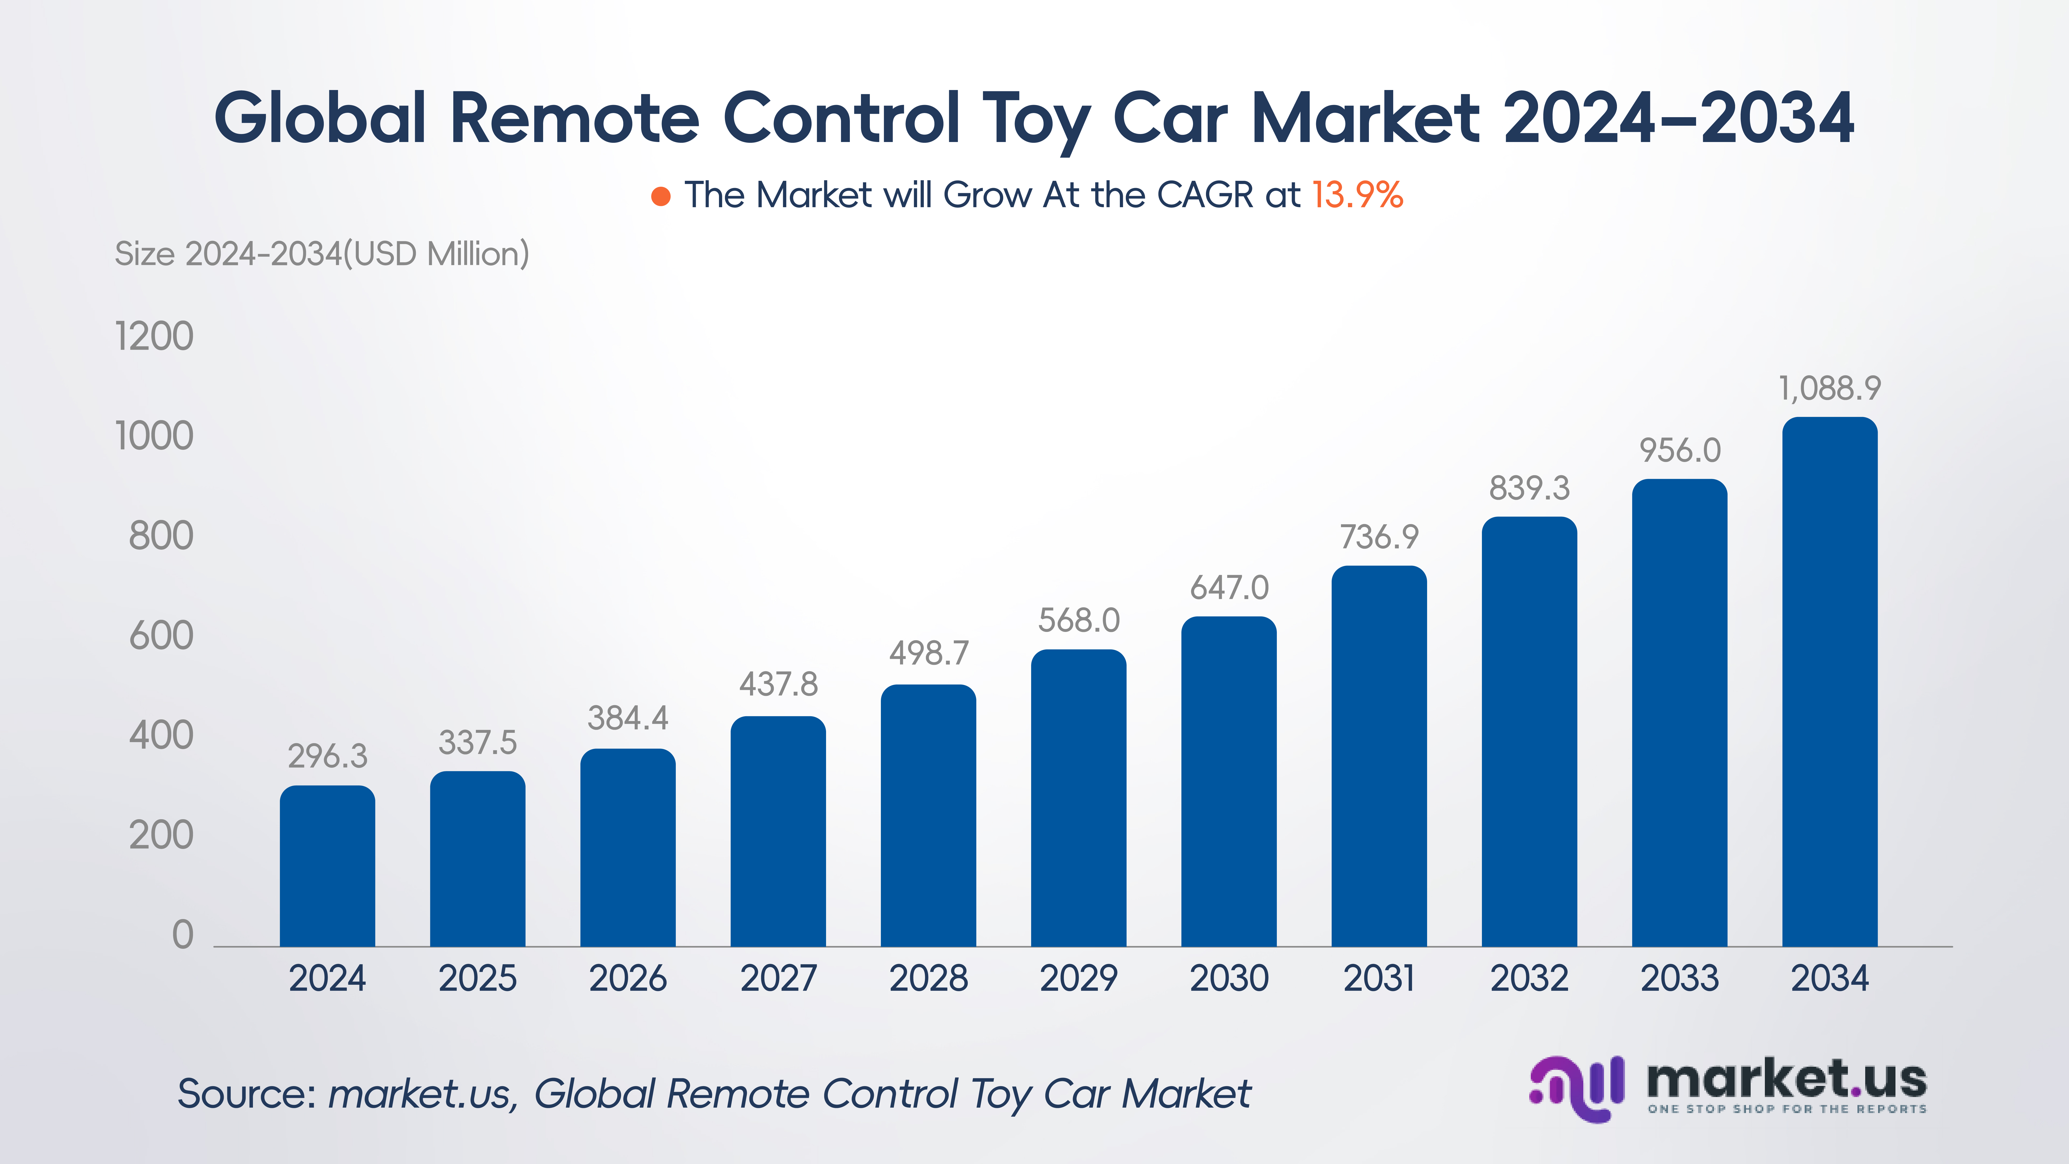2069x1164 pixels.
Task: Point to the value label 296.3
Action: pyautogui.click(x=327, y=756)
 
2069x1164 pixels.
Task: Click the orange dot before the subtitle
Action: pyautogui.click(x=660, y=196)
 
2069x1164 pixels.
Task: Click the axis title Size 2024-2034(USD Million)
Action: pyautogui.click(x=321, y=254)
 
